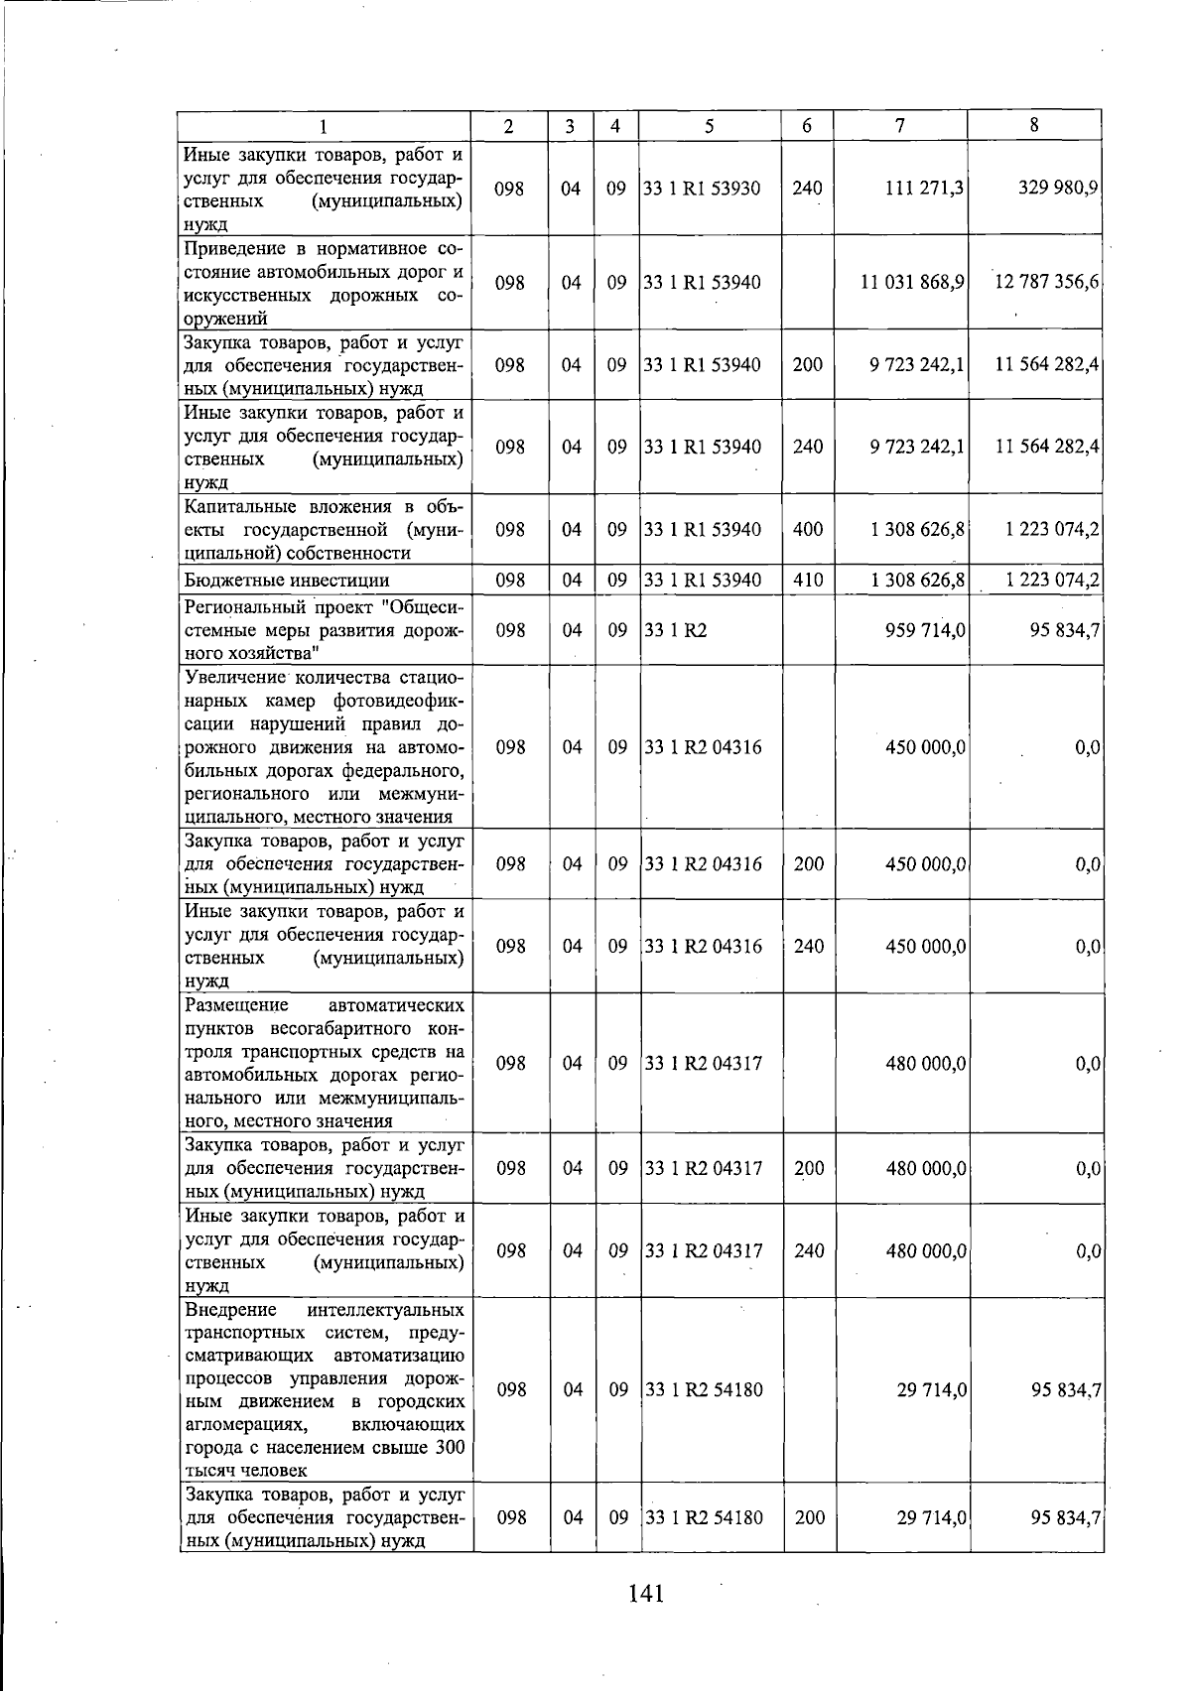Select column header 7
coord(899,125)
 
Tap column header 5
coord(709,125)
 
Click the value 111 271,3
coord(917,188)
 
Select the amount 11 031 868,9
coord(912,282)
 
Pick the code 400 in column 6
coord(808,529)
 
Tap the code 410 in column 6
coord(808,580)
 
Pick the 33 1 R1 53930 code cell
coord(702,188)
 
